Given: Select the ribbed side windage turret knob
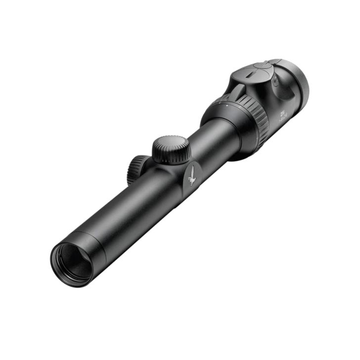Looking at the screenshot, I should click(x=136, y=168).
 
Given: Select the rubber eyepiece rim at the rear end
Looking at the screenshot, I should click(x=300, y=82).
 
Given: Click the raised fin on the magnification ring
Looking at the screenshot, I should click(x=237, y=91).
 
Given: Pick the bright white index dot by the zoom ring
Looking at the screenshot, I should click(x=225, y=105).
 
